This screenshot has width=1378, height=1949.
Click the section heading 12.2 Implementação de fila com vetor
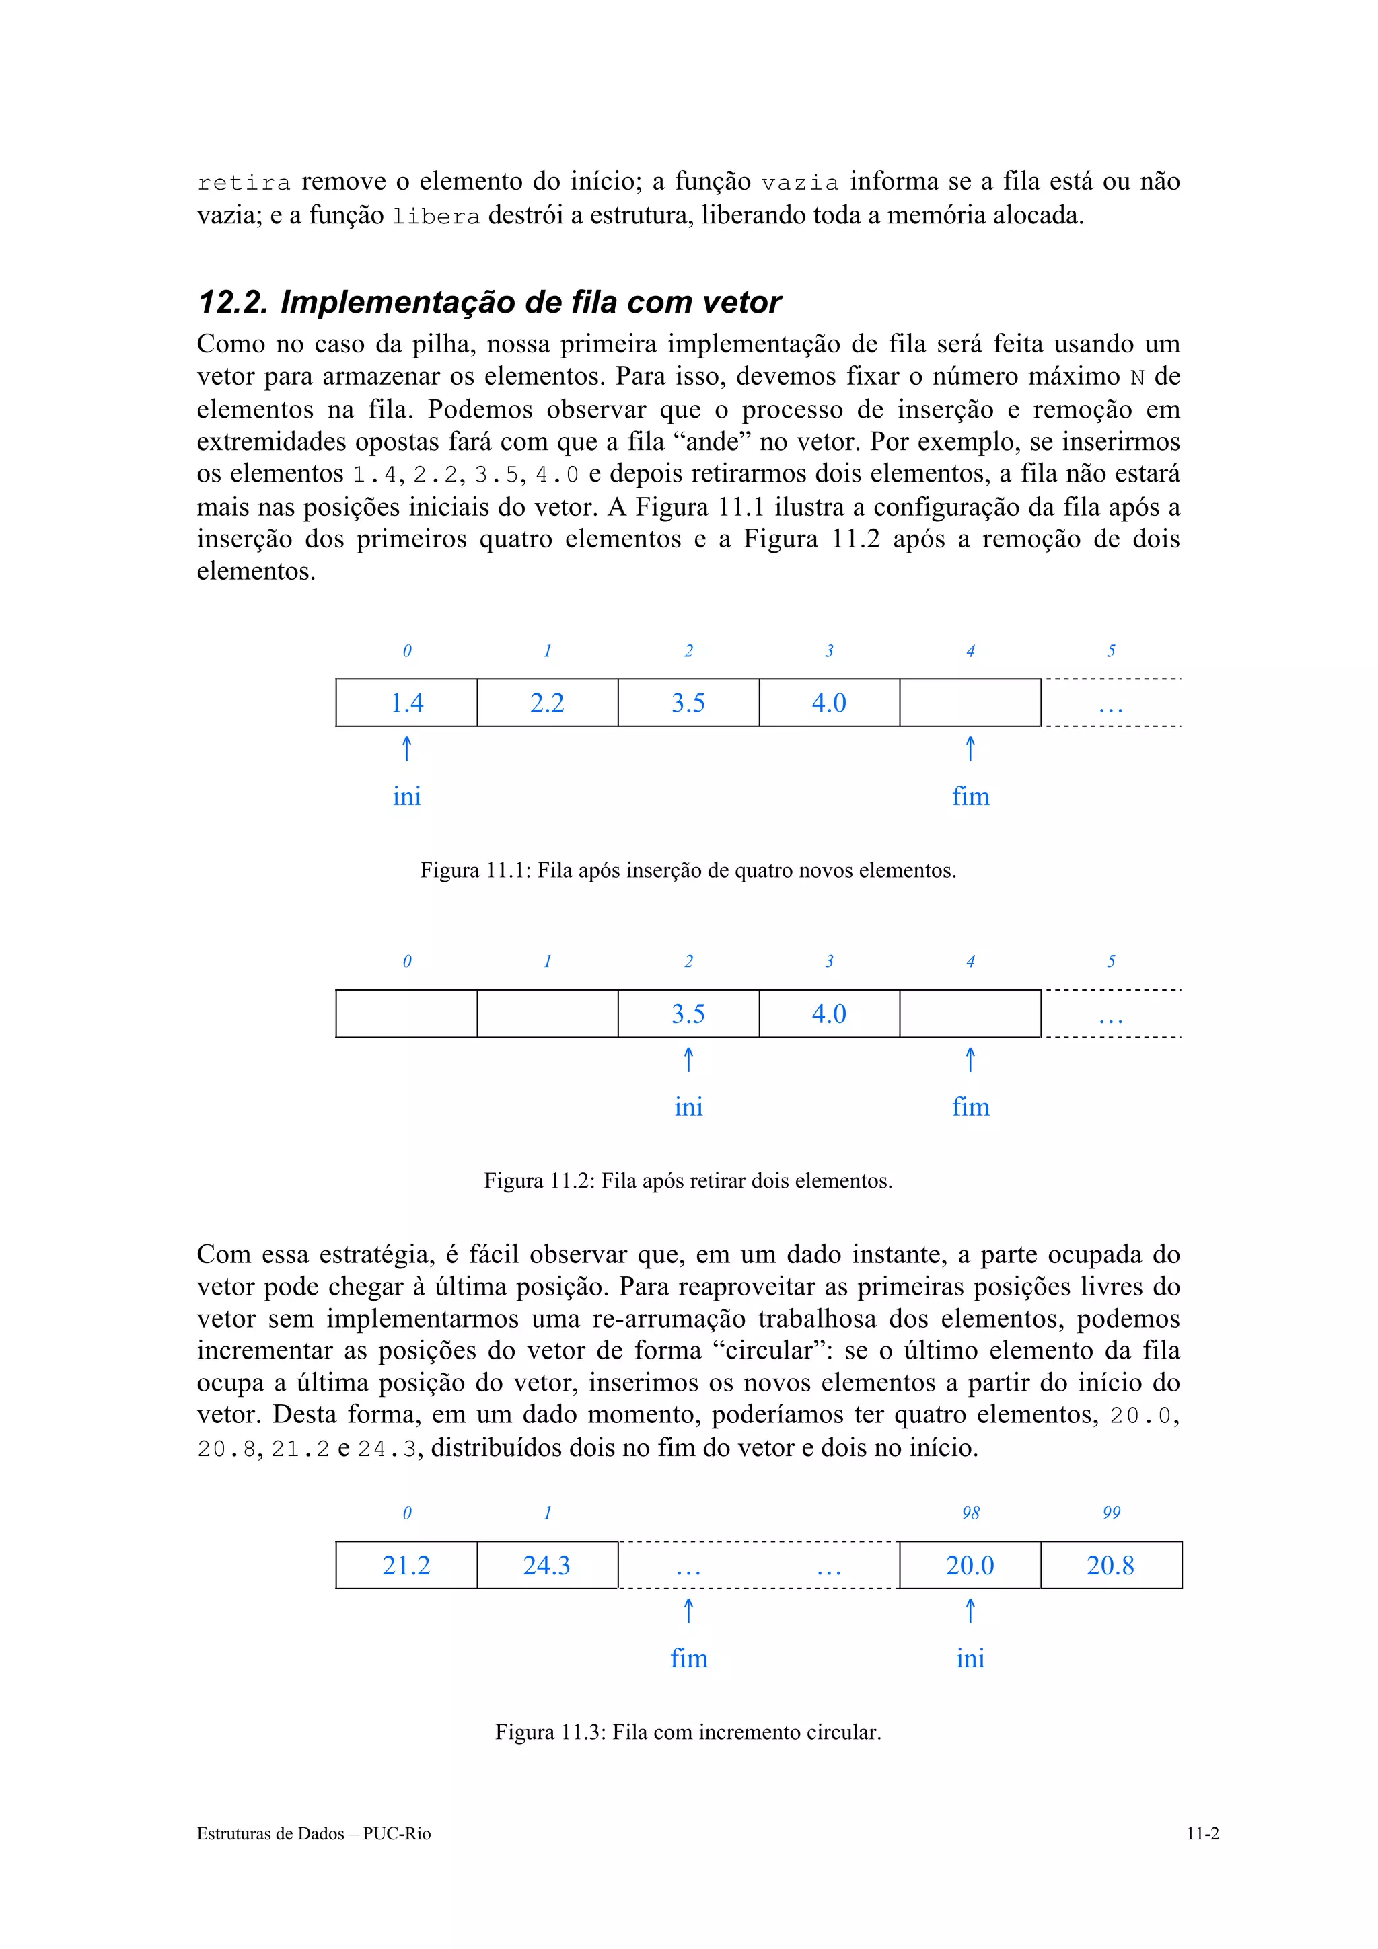[488, 302]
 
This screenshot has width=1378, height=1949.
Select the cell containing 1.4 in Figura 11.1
[406, 703]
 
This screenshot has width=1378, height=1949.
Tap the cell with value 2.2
[547, 703]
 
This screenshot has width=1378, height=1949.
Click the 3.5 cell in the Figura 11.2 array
[688, 1014]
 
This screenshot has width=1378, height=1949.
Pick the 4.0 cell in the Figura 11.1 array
[829, 703]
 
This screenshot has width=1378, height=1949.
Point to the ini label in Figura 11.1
[406, 796]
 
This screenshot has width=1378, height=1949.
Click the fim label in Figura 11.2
[970, 1107]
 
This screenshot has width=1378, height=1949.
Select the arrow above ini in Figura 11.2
[688, 1060]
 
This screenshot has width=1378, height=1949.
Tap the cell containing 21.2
[406, 1565]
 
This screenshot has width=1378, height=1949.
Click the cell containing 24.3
[547, 1565]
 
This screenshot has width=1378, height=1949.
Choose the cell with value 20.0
[970, 1565]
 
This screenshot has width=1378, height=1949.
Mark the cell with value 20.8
[1111, 1565]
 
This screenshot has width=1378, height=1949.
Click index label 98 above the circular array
[970, 1513]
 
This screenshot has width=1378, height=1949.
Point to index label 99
[1111, 1513]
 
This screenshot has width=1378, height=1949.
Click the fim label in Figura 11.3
[688, 1658]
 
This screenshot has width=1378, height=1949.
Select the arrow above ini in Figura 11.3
[970, 1611]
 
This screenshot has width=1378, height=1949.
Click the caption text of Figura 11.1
[688, 871]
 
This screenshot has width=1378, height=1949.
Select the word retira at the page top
[244, 182]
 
